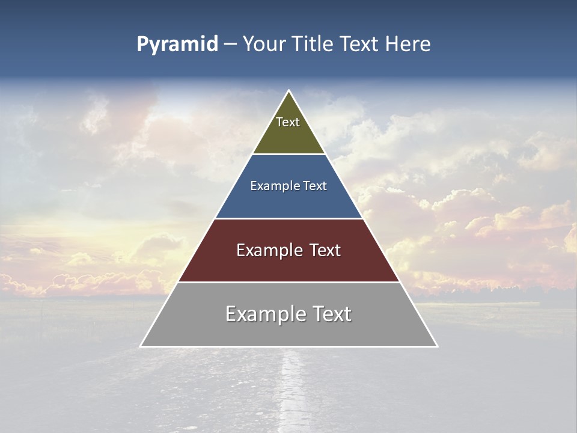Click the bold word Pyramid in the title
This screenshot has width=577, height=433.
point(177,45)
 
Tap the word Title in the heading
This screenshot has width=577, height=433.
point(312,45)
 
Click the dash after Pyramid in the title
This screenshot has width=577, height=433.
point(230,45)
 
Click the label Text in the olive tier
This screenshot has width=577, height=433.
point(288,122)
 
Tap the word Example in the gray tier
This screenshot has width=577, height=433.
point(265,314)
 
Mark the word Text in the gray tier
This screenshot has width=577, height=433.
point(330,314)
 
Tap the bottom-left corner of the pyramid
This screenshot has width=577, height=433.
point(141,346)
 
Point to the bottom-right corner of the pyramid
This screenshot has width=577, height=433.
point(437,346)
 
